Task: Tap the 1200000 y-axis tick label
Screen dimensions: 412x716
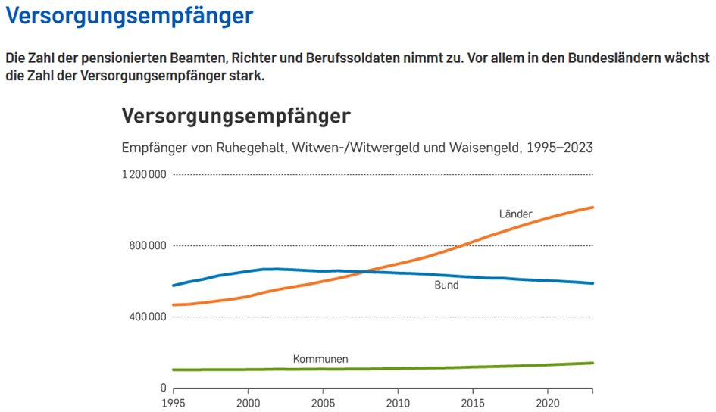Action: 143,175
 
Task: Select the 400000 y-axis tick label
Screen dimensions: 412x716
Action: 146,317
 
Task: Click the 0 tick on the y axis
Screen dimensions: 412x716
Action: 163,388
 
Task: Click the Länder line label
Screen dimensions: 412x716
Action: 515,214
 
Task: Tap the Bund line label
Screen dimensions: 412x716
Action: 446,286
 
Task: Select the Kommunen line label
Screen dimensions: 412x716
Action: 320,358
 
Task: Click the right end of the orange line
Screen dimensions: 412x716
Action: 592,207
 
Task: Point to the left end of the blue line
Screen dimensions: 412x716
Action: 174,286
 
